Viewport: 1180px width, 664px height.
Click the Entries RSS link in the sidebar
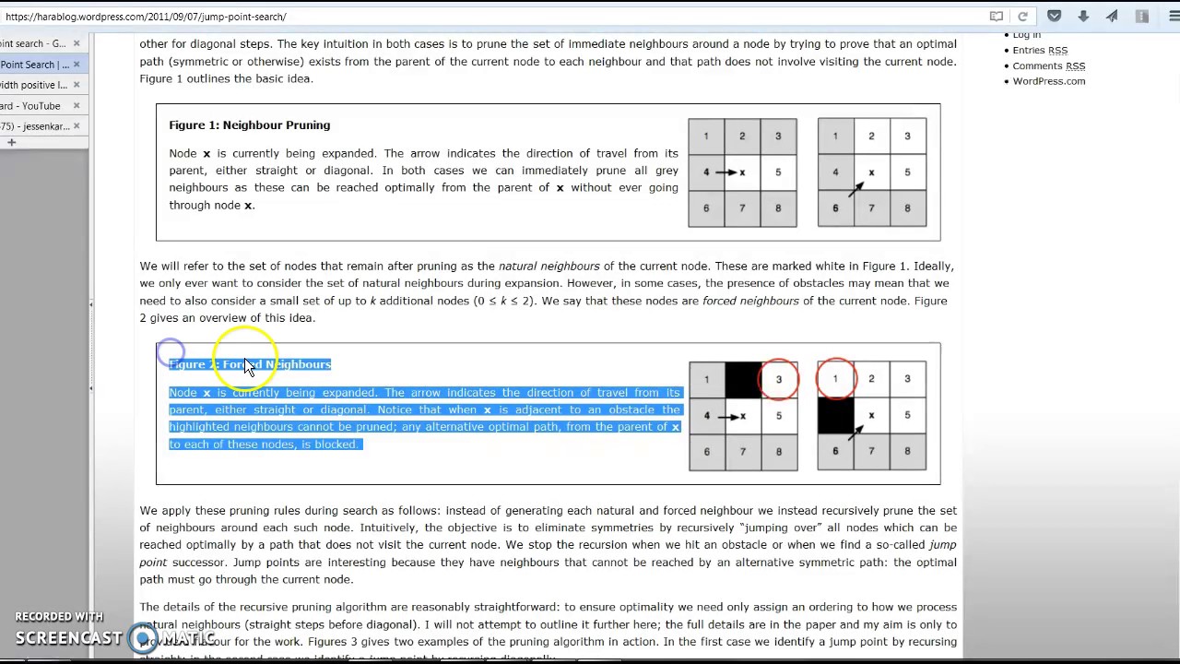click(x=1039, y=51)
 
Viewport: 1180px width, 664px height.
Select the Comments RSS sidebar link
click(x=1048, y=66)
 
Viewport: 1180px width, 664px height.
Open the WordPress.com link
click(x=1048, y=81)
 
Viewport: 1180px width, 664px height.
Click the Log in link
click(x=1026, y=35)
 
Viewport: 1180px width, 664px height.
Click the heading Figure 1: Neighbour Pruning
click(x=249, y=125)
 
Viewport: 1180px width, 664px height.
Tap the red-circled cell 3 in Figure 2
click(x=778, y=380)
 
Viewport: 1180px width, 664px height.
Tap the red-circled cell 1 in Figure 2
click(x=835, y=379)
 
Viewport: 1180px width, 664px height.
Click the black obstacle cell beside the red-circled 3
click(x=742, y=380)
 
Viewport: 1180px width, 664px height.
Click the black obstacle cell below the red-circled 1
click(x=835, y=415)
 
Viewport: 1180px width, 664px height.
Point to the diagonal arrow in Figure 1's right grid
click(x=856, y=187)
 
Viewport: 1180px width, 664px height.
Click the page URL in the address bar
click(x=146, y=17)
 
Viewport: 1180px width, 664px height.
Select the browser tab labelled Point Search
click(x=34, y=65)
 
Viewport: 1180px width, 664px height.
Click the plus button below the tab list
click(x=12, y=143)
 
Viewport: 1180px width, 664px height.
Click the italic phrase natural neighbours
click(x=549, y=267)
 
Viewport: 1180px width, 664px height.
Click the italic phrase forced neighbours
click(x=749, y=301)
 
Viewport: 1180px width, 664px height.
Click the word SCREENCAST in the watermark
click(x=68, y=638)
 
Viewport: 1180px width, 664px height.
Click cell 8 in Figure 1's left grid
click(x=778, y=208)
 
